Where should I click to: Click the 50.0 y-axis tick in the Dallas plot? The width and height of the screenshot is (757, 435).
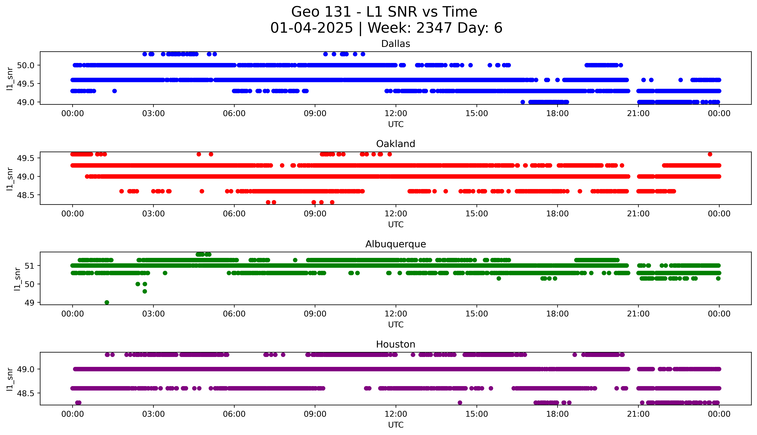tap(26, 65)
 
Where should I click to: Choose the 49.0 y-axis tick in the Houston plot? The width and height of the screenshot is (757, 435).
tap(26, 369)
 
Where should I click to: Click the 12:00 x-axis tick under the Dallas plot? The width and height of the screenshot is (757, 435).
tap(396, 114)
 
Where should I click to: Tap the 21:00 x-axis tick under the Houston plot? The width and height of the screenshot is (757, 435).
tap(638, 414)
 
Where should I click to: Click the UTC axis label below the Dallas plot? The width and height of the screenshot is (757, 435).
tap(396, 124)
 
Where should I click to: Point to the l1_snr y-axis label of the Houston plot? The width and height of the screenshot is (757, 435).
tap(10, 379)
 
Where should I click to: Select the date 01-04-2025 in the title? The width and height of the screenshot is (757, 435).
tap(311, 28)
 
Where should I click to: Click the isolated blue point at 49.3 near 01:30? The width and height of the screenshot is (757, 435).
tap(114, 91)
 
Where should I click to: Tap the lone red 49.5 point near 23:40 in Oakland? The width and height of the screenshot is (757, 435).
tap(710, 154)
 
